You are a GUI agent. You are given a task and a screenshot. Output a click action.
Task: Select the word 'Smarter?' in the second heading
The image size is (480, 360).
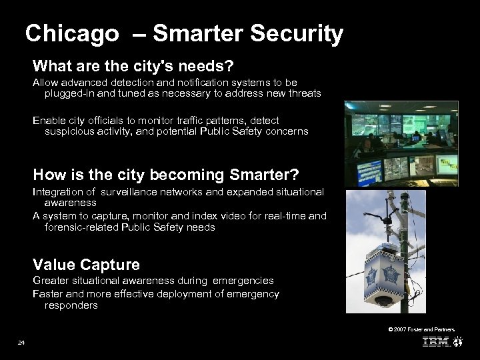point(264,175)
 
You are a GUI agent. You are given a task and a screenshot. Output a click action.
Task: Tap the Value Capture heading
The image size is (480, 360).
point(87,265)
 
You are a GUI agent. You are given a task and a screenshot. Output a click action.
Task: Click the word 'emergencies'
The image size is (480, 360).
point(245,281)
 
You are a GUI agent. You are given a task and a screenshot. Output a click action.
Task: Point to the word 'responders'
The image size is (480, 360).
point(71,305)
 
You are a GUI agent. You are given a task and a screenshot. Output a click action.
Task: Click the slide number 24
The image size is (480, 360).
point(22,343)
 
